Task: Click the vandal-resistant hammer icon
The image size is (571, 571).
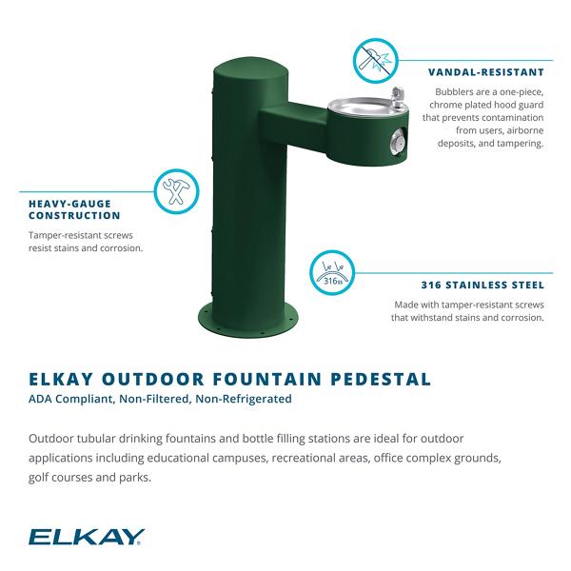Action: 376,60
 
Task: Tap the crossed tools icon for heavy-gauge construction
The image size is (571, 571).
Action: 176,191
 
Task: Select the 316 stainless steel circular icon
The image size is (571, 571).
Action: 332,273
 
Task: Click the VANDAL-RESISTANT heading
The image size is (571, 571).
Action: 486,72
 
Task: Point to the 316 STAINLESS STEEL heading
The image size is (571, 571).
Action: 482,285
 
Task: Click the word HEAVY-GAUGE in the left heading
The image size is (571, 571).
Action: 69,204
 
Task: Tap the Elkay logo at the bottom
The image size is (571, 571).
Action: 87,537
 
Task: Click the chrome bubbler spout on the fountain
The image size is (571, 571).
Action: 397,96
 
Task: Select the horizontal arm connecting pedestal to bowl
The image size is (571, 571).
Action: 293,122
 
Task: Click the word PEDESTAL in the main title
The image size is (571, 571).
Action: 381,379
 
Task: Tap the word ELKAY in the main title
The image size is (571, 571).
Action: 61,379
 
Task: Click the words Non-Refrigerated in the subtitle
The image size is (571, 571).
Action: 244,399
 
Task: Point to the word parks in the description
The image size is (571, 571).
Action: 135,478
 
